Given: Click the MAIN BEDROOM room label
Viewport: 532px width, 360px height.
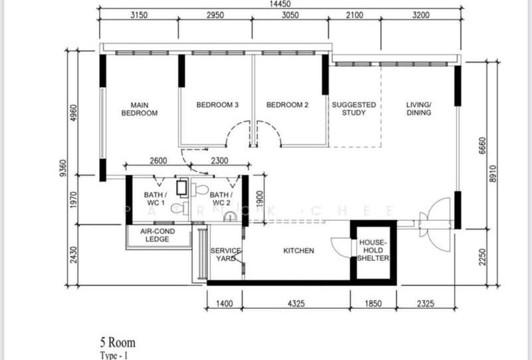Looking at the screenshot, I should click(x=140, y=109).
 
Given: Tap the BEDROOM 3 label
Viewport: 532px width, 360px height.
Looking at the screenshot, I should click(x=217, y=105).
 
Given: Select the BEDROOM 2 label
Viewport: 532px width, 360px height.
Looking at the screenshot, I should click(x=287, y=105).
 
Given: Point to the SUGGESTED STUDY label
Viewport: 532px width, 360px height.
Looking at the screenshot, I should click(x=354, y=109).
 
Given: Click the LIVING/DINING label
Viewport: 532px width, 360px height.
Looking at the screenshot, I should click(x=419, y=109).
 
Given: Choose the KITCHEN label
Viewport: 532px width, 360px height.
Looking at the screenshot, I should click(x=299, y=251).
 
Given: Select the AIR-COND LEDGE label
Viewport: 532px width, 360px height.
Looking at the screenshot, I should click(x=158, y=236).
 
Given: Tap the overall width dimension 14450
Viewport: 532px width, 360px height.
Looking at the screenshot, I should click(x=279, y=5).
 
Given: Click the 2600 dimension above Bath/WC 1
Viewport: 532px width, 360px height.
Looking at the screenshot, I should click(x=158, y=160).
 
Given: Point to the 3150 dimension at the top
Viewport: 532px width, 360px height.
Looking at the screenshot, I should click(x=138, y=16).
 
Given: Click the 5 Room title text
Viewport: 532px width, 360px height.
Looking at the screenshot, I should click(x=117, y=343).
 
